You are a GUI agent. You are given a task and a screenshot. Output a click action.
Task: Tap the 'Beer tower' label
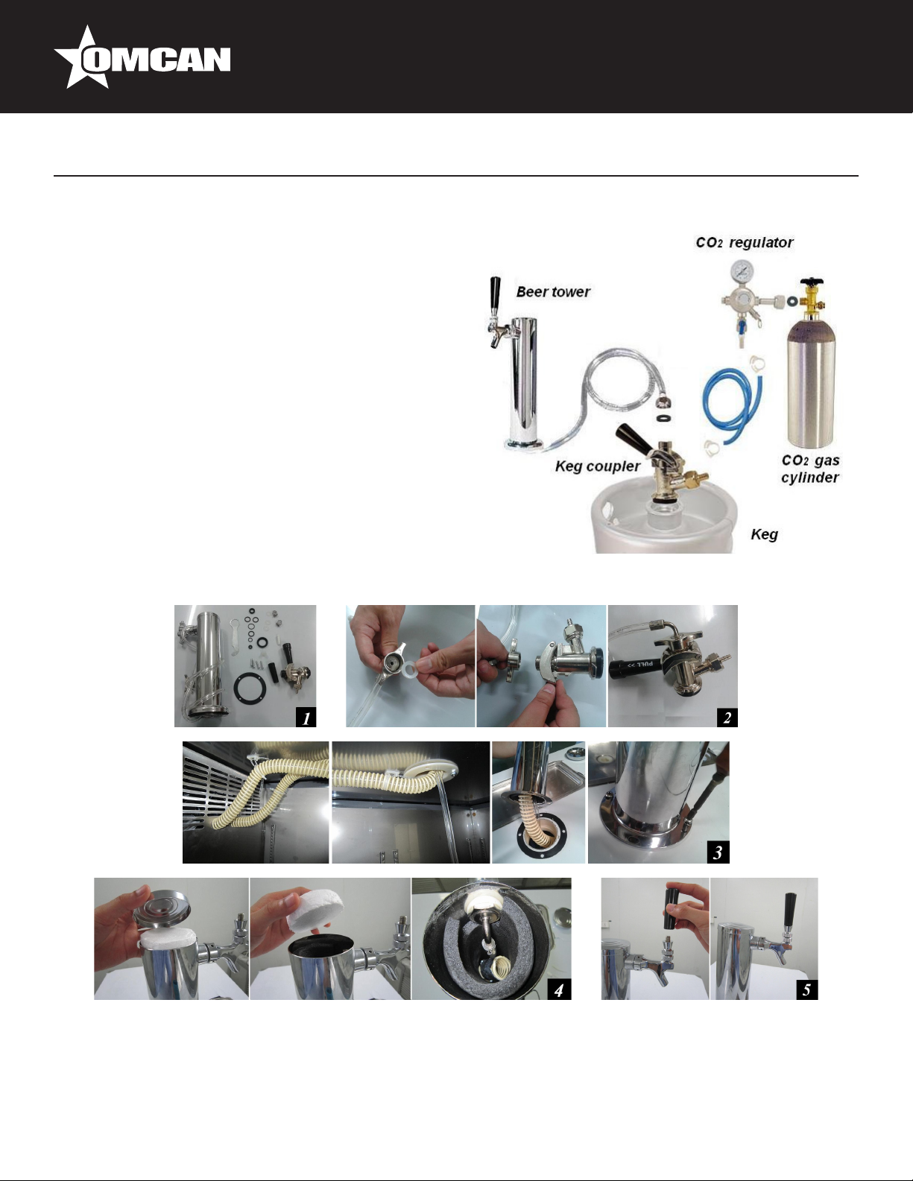click(553, 292)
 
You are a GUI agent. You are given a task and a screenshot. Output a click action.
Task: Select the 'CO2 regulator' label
click(744, 242)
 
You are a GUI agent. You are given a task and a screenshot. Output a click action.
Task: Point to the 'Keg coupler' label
click(598, 466)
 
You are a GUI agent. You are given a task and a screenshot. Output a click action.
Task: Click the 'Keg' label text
click(764, 534)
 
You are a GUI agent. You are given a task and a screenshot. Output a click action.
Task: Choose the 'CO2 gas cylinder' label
click(810, 469)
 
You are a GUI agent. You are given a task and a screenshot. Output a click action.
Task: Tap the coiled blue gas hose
click(732, 405)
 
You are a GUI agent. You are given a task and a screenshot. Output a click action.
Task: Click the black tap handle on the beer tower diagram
click(495, 293)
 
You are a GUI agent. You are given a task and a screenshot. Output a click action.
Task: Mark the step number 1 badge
click(306, 718)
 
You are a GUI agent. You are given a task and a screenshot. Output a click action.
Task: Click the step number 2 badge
click(727, 718)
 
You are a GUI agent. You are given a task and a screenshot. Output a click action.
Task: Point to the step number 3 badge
click(718, 852)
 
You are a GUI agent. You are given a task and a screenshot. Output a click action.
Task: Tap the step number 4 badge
click(559, 990)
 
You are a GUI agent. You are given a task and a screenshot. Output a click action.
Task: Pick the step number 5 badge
click(806, 990)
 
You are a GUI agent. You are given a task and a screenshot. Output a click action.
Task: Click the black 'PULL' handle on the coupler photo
click(639, 665)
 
